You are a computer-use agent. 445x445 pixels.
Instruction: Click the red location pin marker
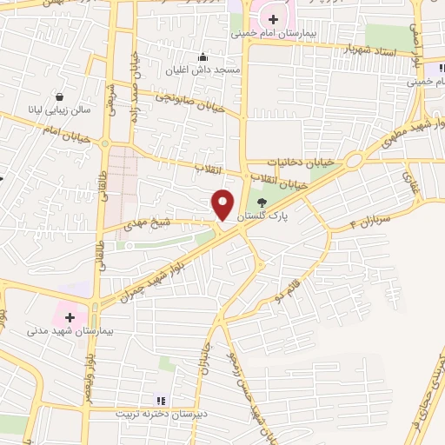223,205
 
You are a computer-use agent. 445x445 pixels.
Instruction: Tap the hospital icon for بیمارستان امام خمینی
273,19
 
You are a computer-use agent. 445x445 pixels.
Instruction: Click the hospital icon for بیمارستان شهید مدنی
70,317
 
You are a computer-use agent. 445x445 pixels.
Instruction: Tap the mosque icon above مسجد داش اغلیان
203,56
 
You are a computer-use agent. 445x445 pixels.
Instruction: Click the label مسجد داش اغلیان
203,69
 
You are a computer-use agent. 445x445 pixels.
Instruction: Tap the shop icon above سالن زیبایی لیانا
59,97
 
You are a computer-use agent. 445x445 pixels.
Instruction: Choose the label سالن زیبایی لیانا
59,111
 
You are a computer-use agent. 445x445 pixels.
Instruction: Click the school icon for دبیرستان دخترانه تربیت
159,400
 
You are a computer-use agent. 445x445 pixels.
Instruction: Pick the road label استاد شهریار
371,50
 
